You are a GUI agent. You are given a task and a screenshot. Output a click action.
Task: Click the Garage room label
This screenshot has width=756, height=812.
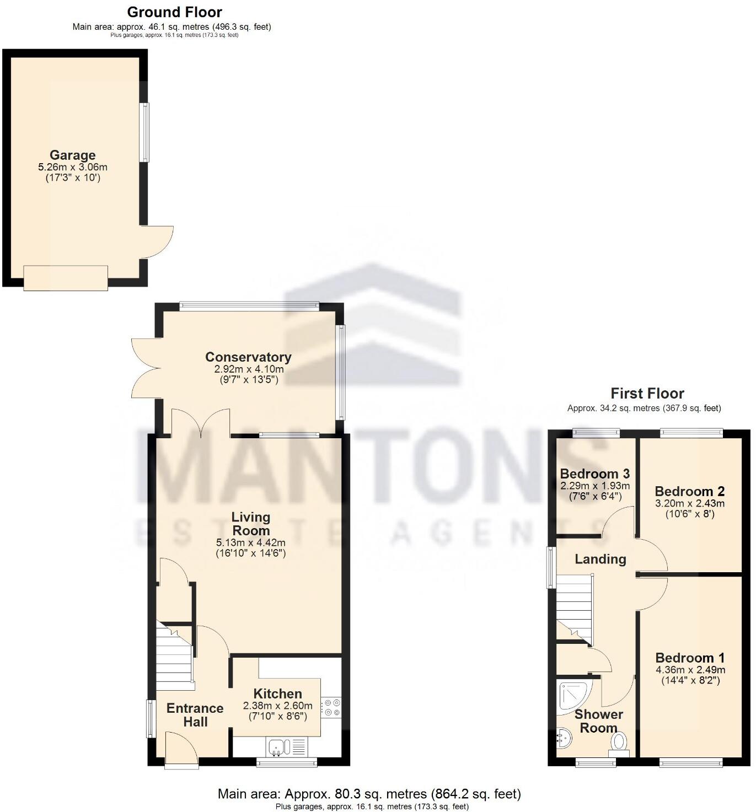[72, 155]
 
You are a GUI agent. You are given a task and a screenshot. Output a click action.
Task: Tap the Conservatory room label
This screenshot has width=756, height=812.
[248, 357]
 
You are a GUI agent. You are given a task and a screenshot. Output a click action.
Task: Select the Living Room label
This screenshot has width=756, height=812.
[250, 524]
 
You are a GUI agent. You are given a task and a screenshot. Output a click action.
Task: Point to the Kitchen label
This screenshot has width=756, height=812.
[277, 693]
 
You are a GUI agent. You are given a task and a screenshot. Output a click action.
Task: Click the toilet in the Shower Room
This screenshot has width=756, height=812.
[619, 744]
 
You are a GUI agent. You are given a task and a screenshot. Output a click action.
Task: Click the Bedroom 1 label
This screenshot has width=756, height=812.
[690, 658]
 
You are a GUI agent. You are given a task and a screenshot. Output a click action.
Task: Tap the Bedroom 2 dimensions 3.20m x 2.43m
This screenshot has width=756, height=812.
[690, 503]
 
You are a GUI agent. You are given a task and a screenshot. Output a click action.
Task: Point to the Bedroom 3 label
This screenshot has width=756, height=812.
[594, 474]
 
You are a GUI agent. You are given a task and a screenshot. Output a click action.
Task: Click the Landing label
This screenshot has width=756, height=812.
[600, 559]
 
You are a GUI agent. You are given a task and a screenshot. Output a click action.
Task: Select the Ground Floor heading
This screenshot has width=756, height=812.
[174, 12]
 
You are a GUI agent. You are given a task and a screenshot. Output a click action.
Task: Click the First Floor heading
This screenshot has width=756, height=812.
[647, 393]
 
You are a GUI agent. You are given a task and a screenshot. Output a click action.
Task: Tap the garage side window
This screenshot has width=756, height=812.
[144, 132]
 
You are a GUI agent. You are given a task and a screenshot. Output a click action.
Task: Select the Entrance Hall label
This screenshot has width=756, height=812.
[195, 714]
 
